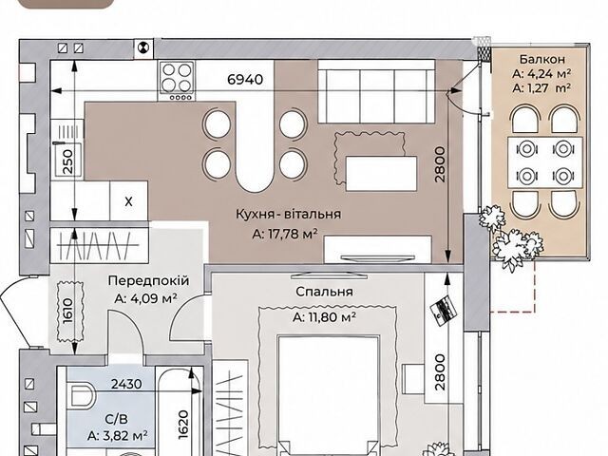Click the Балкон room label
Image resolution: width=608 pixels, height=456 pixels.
click(x=542, y=59)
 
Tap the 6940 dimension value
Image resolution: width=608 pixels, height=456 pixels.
click(x=245, y=80)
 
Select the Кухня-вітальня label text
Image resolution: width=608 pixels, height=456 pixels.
click(x=289, y=214)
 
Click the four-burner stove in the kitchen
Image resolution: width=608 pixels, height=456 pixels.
click(x=176, y=80)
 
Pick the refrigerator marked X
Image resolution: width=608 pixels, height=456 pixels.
click(x=129, y=201)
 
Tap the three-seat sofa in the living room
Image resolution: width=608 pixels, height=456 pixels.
click(x=376, y=92)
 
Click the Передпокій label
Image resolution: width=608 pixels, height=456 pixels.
click(x=148, y=280)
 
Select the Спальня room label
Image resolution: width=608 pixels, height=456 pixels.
click(x=324, y=292)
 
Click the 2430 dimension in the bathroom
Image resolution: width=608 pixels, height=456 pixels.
click(x=126, y=384)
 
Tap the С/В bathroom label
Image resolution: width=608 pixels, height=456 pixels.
click(x=116, y=419)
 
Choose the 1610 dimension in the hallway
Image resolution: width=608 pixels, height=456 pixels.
click(x=67, y=311)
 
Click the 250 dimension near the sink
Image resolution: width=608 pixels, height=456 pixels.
click(x=67, y=161)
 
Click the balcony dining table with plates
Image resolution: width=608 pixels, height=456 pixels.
click(x=544, y=162)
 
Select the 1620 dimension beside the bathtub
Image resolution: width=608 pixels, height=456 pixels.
click(x=183, y=425)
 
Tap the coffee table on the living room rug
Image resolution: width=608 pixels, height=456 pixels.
click(x=382, y=173)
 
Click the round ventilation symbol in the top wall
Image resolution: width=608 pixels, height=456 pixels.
click(x=143, y=47)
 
